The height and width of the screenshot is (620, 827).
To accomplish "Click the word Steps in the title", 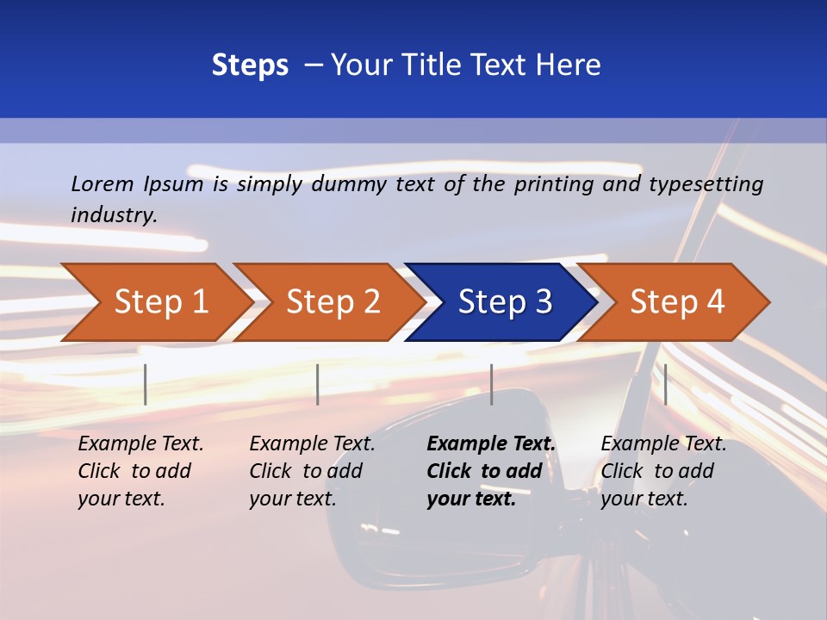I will click(250, 65).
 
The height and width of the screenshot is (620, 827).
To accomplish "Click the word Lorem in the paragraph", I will click(102, 183).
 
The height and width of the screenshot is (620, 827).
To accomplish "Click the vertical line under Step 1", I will click(146, 384).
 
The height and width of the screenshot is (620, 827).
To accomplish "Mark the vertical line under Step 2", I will click(318, 384).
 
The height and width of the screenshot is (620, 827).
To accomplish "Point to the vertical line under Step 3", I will click(491, 384).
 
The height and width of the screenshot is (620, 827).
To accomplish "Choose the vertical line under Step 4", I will click(665, 384).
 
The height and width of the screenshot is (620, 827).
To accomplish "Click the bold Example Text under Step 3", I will click(491, 444).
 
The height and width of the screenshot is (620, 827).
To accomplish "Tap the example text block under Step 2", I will click(312, 471).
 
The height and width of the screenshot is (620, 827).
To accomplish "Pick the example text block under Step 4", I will click(663, 471).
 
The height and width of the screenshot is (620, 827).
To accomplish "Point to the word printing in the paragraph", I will click(550, 183).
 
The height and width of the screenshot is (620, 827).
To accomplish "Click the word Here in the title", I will click(567, 65).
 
